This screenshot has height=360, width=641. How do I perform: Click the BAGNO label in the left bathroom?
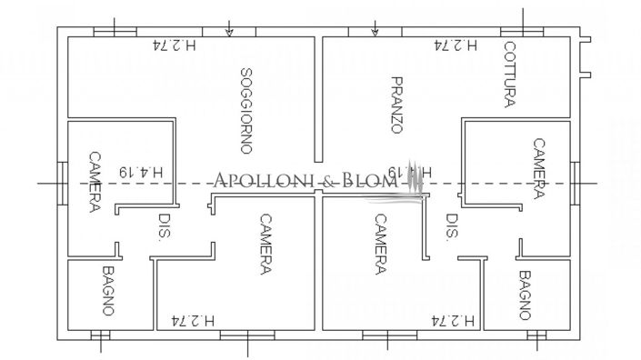click(108, 291)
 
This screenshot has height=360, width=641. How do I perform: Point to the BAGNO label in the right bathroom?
click(525, 295)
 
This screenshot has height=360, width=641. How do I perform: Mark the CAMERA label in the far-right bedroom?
click(538, 168)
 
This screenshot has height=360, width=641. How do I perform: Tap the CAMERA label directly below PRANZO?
click(379, 244)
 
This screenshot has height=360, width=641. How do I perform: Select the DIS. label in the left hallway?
click(165, 226)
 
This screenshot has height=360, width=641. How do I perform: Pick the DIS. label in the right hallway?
click(452, 226)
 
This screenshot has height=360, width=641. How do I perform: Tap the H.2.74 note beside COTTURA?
click(456, 44)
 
